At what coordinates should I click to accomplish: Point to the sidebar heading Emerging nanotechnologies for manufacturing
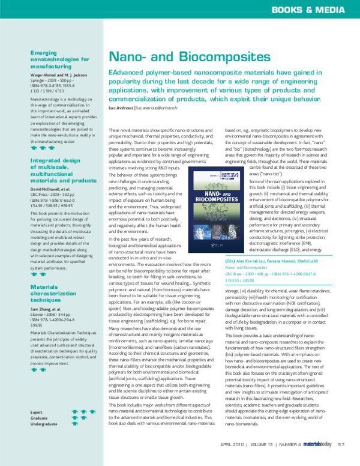click(60, 60)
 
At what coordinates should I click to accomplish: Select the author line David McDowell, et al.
click(52, 189)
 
